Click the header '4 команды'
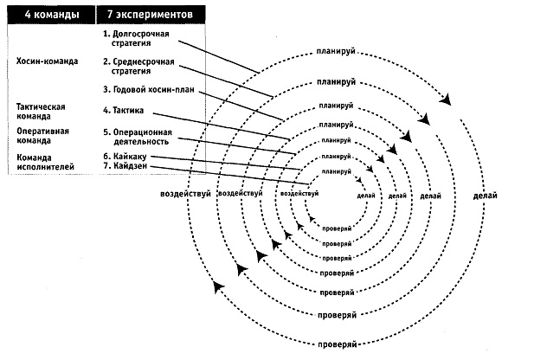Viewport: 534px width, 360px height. pos(52,15)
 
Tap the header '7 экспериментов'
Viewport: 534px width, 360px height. pos(150,15)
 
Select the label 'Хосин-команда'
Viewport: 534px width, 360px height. pos(47,61)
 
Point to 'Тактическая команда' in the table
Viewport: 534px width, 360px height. pos(41,112)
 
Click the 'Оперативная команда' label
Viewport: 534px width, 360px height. pos(42,136)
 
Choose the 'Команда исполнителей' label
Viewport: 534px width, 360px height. pos(45,162)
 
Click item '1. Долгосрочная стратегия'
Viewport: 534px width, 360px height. pos(136,38)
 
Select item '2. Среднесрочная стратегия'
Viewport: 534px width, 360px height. pos(138,66)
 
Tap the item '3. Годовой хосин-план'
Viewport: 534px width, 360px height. pos(149,90)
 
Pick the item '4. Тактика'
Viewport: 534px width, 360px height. pos(123,111)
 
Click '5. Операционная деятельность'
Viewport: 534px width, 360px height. pos(138,137)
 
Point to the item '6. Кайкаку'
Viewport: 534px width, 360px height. pos(125,157)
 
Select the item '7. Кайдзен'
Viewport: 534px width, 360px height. pos(125,166)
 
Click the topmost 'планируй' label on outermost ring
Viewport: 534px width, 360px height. pos(336,51)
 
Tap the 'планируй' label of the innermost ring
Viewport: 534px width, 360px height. pos(336,171)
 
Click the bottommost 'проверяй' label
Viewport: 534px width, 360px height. pos(338,344)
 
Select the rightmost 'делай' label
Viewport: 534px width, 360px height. pos(485,196)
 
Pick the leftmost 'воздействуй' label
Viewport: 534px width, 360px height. pos(185,194)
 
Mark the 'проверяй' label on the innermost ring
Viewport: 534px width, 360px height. pos(337,228)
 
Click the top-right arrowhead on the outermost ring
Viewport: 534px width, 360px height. pos(446,100)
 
